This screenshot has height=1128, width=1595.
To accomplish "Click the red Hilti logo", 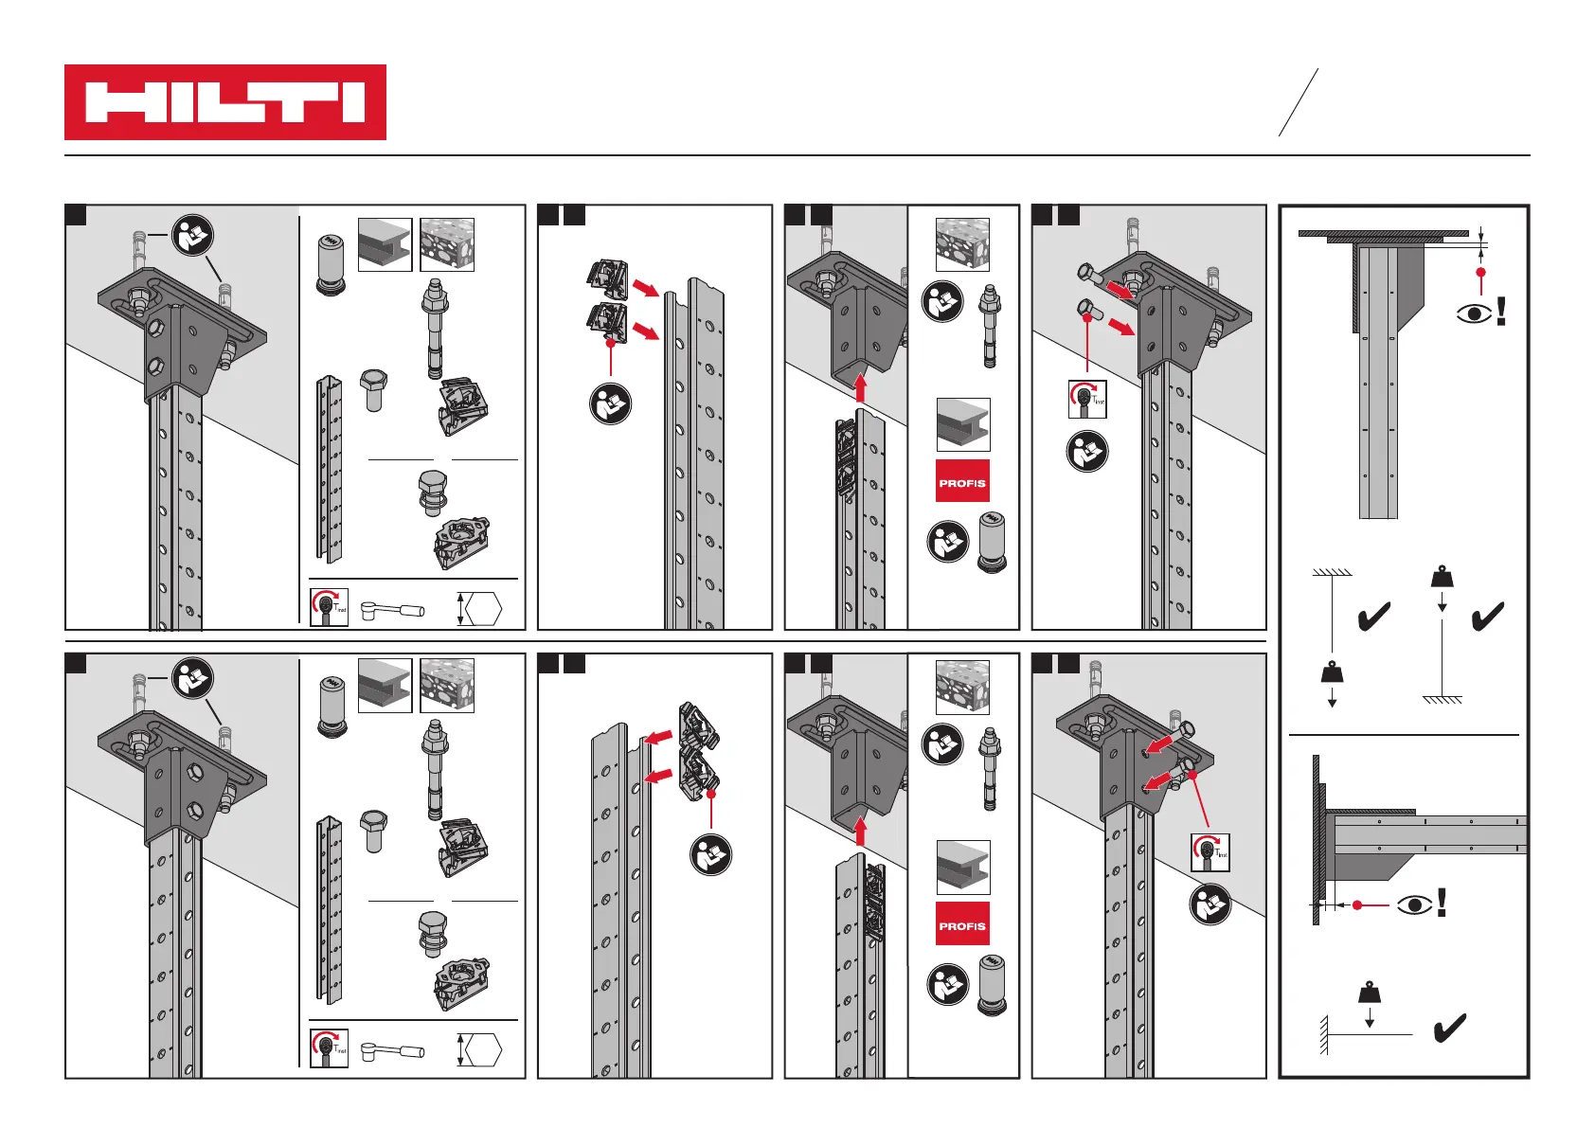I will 225,102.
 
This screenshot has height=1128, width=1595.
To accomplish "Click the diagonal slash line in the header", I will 1299,102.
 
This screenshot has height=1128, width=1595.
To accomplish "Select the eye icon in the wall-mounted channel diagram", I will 1415,905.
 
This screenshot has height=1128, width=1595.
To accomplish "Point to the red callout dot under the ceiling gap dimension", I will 1481,273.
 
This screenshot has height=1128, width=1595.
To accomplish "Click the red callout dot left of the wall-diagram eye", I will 1357,905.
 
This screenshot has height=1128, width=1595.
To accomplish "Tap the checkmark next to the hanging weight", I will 1374,618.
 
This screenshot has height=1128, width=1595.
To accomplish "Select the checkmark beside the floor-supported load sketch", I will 1488,618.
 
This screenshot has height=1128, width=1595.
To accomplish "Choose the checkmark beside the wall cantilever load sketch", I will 1450,1029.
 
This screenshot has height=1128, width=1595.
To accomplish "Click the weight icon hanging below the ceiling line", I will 1332,672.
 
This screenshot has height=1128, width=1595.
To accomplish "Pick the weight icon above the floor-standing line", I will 1442,576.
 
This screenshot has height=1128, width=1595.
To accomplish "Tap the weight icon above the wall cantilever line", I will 1370,992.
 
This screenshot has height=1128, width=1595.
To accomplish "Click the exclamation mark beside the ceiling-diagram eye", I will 1501,312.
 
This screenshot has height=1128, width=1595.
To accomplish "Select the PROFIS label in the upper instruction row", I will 962,482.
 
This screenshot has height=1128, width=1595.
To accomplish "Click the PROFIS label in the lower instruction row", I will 962,925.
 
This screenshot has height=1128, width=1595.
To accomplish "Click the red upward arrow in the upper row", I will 860,387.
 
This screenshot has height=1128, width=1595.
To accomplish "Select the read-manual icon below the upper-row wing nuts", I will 611,404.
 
